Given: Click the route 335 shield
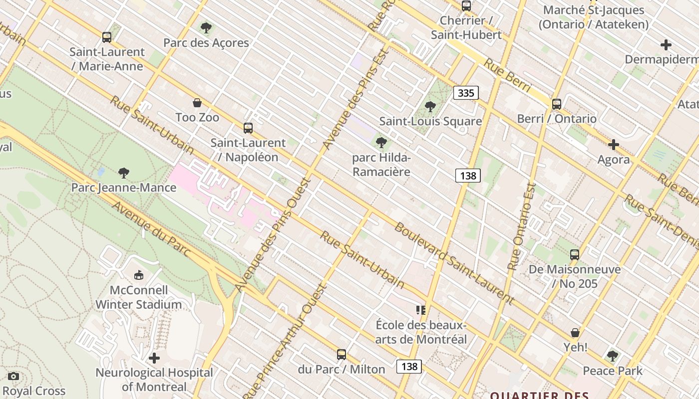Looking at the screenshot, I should click(466, 93).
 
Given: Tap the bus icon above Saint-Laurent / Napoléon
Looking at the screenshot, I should click(248, 128).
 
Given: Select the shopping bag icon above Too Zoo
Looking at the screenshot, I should click(197, 103).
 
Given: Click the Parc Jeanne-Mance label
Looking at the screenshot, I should click(124, 188).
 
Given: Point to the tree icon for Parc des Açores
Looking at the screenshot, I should click(206, 28).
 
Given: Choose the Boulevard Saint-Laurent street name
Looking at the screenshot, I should click(453, 263).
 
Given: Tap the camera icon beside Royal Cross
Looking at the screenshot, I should click(13, 376).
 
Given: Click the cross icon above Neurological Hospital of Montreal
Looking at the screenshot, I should click(154, 358).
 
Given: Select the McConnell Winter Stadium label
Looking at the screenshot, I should click(138, 297).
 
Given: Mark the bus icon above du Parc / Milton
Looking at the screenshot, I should click(342, 355).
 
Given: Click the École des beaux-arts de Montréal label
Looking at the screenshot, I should click(421, 333).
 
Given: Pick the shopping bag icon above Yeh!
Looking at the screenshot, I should click(575, 332).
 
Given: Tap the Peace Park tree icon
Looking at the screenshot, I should click(613, 356).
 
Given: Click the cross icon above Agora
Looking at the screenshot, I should click(614, 145).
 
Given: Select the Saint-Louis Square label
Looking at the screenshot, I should click(430, 121).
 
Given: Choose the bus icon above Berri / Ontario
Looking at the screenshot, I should click(557, 104).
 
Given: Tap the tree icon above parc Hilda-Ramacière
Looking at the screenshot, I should click(381, 143).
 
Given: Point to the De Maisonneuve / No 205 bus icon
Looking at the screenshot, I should click(575, 255).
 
